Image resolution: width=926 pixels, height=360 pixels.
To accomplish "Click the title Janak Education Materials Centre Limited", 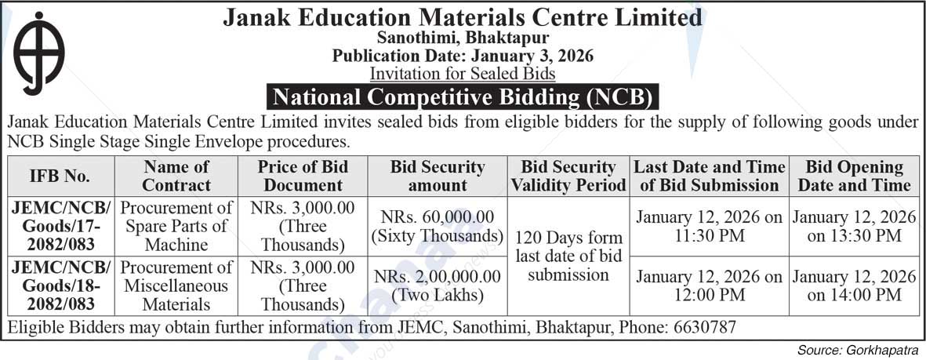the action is (463, 17).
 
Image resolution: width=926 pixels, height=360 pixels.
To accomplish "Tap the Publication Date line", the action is (463, 56).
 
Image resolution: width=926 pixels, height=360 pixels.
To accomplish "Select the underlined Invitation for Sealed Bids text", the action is (463, 74).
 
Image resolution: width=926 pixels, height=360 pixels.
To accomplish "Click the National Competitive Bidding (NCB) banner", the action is (463, 97).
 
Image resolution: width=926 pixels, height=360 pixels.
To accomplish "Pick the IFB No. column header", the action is (60, 176).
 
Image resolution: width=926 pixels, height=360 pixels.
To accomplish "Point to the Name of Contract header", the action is (177, 176).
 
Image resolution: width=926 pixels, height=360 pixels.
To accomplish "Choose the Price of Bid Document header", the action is (303, 176).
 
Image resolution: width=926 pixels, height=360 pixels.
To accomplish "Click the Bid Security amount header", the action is (438, 176).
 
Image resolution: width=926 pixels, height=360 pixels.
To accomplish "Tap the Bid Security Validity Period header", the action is (568, 176).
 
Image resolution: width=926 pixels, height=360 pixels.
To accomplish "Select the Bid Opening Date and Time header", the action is (854, 176).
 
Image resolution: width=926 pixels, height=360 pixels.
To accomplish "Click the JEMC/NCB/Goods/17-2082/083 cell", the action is (60, 226).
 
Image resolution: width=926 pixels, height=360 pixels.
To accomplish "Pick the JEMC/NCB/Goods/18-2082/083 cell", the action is (60, 285).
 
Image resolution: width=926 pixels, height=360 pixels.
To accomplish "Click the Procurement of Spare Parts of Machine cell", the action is (177, 226).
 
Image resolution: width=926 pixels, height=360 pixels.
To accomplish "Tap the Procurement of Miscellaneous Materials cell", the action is (177, 285).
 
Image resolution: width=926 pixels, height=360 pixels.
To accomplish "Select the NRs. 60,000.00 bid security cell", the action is (438, 225).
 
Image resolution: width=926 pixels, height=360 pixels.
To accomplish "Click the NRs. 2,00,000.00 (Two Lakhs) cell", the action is (438, 285).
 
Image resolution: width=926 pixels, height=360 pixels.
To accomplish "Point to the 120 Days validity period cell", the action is (568, 256).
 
